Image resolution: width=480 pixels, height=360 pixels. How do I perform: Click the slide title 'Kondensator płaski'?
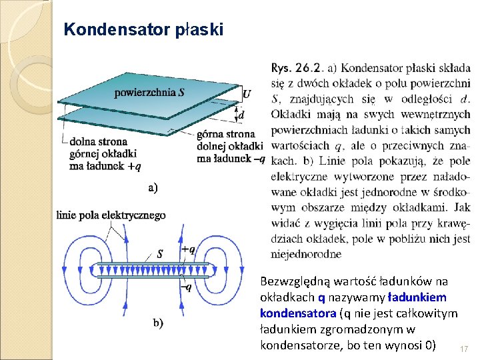143,30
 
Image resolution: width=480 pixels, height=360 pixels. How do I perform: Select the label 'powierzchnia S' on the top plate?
150,92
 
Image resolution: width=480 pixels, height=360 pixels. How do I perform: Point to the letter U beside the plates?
247,94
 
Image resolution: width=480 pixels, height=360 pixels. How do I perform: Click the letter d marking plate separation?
241,115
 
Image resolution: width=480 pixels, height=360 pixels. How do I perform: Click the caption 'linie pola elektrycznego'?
111,215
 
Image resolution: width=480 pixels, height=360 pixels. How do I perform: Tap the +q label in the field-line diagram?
188,250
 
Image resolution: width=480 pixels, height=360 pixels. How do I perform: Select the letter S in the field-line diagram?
160,253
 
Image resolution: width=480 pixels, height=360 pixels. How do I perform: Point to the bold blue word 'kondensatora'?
298,313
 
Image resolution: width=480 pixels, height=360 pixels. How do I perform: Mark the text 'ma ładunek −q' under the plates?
231,159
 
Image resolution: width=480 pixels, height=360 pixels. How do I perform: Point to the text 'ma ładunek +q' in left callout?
105,167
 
